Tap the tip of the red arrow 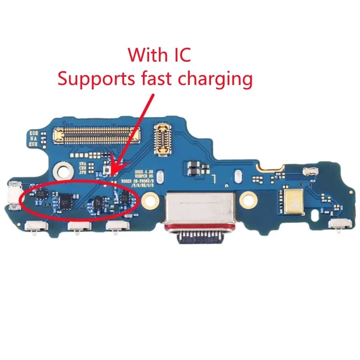pyautogui.click(x=114, y=173)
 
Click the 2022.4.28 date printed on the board pyautogui.click(x=143, y=171)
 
